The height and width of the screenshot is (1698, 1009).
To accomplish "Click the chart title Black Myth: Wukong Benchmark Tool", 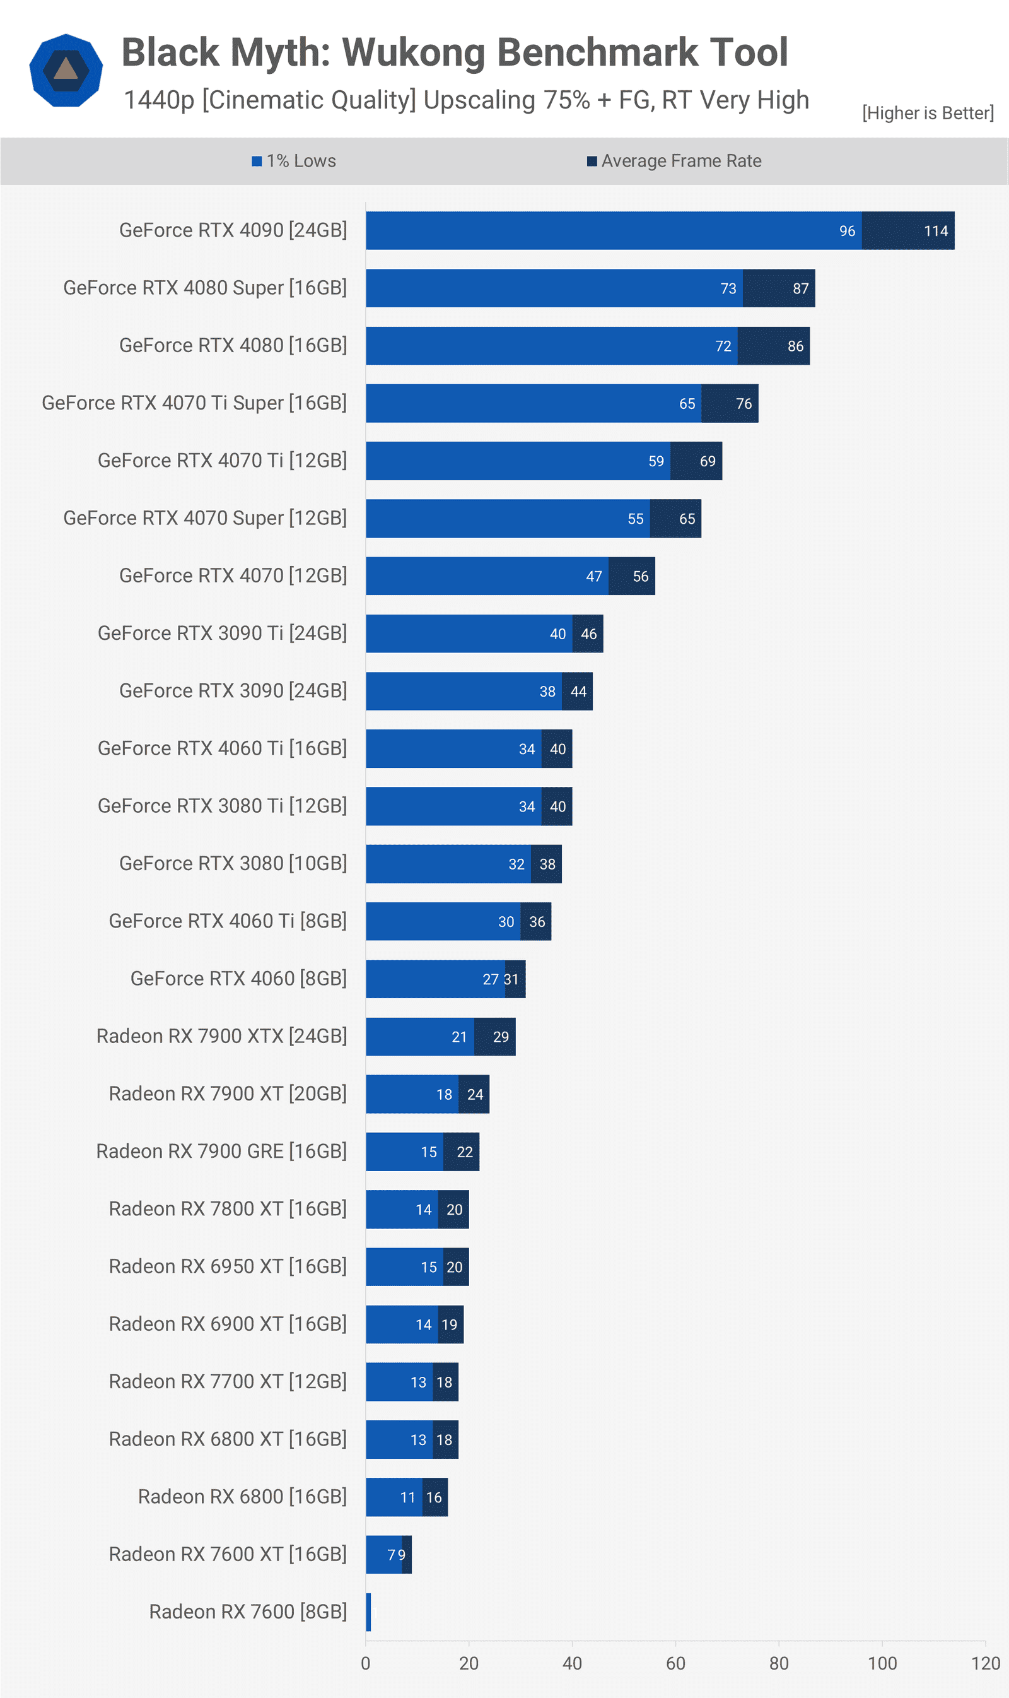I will point(454,52).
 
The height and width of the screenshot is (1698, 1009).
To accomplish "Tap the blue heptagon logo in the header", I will point(66,70).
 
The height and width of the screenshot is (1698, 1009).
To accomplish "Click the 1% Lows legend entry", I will point(294,162).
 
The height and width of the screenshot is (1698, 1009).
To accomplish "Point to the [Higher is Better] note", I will point(928,113).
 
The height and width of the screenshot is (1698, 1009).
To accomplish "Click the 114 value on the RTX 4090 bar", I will point(936,232).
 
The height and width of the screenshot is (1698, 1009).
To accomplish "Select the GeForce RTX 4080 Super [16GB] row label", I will point(205,288).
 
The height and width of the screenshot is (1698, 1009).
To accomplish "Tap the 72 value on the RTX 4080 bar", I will point(723,346).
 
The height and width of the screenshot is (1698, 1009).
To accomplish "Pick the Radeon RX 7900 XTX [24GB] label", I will point(221,1036).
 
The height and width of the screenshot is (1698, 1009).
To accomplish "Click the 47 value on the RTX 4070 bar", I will point(593,577).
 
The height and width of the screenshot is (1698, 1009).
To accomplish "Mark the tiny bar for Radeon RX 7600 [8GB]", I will point(368,1612).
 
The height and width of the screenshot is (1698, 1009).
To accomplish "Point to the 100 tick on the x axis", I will point(882,1663).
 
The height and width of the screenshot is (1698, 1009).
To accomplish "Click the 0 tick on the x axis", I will point(366,1663).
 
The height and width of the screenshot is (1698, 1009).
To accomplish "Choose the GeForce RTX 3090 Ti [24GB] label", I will point(223,634).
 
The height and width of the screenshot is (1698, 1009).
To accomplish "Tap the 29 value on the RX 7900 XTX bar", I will point(501,1037).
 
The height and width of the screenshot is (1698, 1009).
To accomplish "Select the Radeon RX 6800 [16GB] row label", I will point(242,1497).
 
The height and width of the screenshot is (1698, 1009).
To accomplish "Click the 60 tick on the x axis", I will point(675,1663).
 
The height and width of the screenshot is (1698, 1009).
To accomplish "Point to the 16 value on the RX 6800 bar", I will point(434,1497).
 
